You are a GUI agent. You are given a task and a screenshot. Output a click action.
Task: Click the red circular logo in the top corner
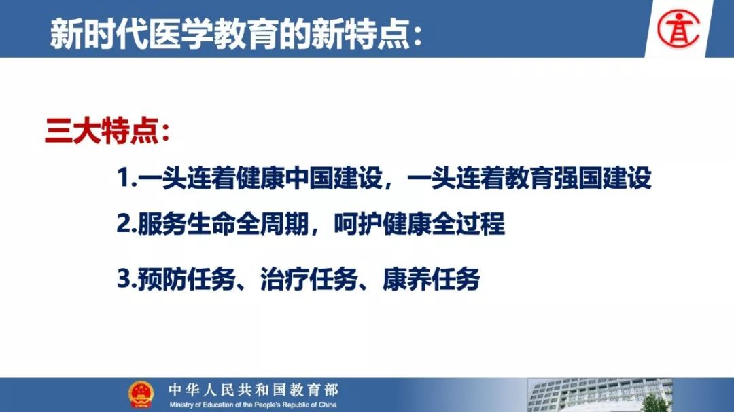pyautogui.click(x=678, y=29)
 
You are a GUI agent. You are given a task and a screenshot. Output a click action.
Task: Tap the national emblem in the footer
pyautogui.click(x=141, y=394)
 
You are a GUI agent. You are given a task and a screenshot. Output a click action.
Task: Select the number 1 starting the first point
pyautogui.click(x=122, y=178)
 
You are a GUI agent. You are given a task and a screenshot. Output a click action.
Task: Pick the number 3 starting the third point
pyautogui.click(x=124, y=280)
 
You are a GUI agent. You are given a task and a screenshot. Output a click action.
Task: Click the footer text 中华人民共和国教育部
pyautogui.click(x=254, y=390)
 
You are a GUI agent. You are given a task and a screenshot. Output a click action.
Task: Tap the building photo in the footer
pyautogui.click(x=599, y=395)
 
